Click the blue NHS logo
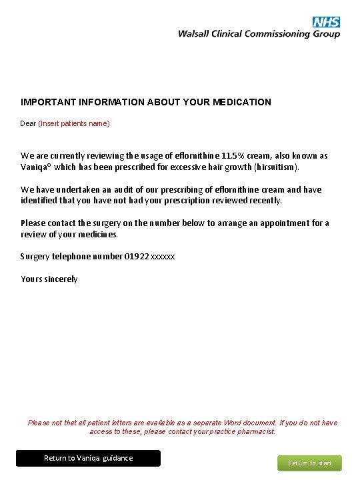pos(326,22)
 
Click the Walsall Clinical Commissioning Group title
pos(259,34)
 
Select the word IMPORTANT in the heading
pos(45,102)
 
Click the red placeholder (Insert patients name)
pos(74,123)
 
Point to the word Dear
pos(28,123)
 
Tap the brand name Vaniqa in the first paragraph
pos(35,167)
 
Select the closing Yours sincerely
pos(49,279)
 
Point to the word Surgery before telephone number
pos(35,256)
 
